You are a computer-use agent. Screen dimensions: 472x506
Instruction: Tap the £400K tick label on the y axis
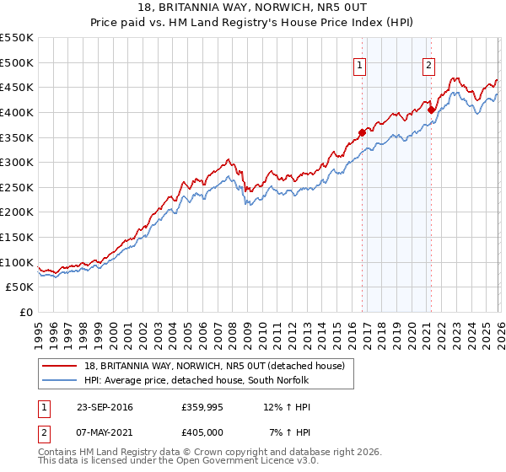[x=17, y=112]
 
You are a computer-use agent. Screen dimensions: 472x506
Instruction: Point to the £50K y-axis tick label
[x=20, y=287]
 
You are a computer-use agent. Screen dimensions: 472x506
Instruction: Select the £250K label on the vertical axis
[x=17, y=187]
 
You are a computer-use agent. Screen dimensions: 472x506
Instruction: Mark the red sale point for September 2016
[x=362, y=131]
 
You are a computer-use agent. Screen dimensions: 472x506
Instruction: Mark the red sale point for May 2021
[x=431, y=109]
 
